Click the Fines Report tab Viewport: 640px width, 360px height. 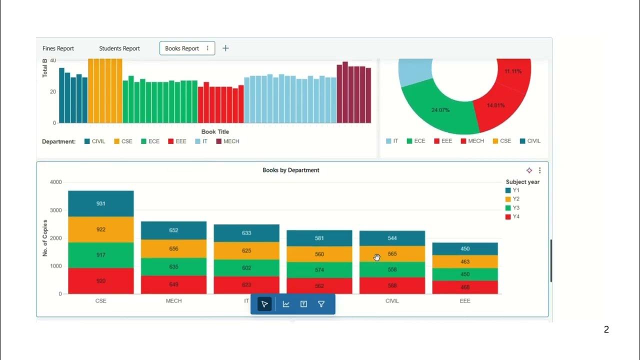point(58,48)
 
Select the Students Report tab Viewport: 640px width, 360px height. point(119,48)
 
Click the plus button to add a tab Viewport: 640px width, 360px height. point(225,48)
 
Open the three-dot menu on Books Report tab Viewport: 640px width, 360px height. point(207,48)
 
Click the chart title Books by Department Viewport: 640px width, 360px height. point(290,170)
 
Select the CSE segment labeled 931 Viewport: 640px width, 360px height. point(101,203)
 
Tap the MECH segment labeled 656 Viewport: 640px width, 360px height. point(173,248)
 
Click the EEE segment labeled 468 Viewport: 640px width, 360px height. point(465,287)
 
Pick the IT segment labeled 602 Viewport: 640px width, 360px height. point(246,267)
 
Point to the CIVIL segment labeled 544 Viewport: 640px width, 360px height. point(392,238)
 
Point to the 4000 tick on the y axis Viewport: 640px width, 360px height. point(56,182)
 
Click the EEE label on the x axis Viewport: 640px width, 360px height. point(465,301)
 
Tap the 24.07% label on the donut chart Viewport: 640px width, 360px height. point(440,109)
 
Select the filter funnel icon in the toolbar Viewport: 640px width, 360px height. point(321,304)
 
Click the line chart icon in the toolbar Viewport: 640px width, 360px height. point(286,304)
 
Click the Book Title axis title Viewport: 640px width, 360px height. point(215,132)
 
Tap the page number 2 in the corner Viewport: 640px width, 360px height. point(606,329)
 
